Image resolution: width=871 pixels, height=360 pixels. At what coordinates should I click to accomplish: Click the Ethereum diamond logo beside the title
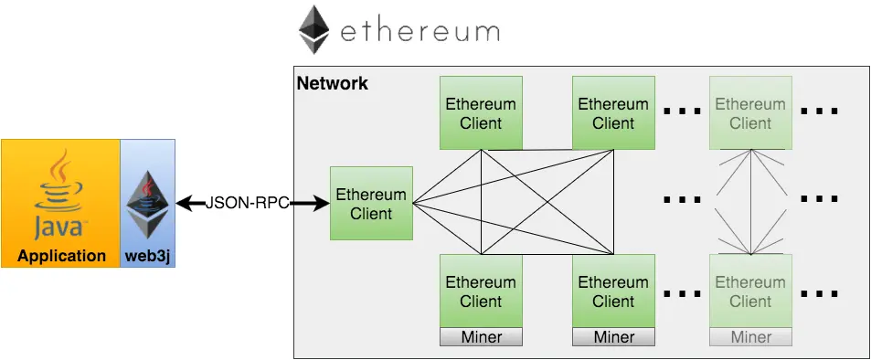[x=313, y=29]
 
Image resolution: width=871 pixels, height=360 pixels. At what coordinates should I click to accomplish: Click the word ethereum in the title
[x=420, y=33]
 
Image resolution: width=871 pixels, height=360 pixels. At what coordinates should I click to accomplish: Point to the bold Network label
[x=332, y=84]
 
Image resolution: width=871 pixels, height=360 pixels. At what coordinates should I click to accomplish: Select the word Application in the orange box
[x=61, y=256]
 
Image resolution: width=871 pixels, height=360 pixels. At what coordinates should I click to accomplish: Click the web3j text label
[x=148, y=256]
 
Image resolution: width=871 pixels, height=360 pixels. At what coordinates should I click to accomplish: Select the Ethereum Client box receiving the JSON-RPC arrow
[x=371, y=204]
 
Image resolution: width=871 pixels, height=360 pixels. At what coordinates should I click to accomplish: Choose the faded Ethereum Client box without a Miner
[x=750, y=113]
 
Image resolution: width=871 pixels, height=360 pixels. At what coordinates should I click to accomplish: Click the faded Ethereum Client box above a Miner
[x=750, y=291]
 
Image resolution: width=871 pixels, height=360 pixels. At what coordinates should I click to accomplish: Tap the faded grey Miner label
[x=750, y=337]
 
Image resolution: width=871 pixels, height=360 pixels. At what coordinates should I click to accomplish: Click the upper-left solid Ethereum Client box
[x=481, y=113]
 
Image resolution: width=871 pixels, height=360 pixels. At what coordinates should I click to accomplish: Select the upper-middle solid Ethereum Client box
[x=613, y=113]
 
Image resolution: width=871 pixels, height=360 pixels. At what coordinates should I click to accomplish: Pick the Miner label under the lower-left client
[x=481, y=337]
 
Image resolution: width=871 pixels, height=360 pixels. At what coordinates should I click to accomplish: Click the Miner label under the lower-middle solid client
[x=613, y=337]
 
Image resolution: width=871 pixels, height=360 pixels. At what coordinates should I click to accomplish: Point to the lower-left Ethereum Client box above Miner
[x=481, y=291]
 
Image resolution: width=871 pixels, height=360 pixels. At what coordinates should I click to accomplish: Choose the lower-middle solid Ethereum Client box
[x=613, y=291]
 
